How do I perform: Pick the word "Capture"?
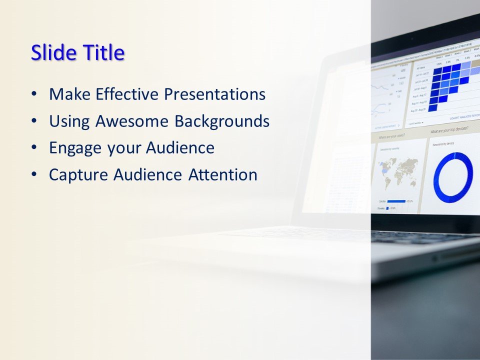[x=78, y=175]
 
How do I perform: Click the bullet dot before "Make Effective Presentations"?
[x=33, y=94]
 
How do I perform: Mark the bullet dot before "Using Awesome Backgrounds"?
[x=33, y=121]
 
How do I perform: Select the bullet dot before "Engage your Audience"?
[x=33, y=148]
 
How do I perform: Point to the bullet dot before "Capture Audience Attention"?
[x=33, y=175]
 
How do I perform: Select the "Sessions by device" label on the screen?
[x=443, y=145]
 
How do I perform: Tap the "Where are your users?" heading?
[x=391, y=136]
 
